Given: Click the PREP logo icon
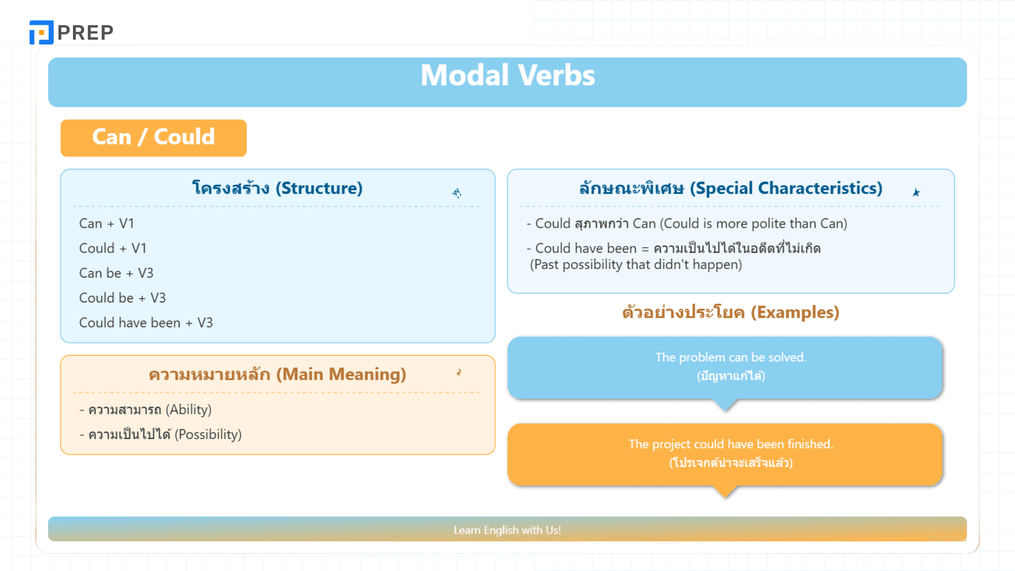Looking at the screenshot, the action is pos(41,32).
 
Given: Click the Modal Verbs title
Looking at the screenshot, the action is pos(508,75).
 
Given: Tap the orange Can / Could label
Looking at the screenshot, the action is pos(153,137).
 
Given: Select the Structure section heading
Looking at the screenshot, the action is pos(277,188).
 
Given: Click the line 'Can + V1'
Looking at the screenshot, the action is pos(106,224).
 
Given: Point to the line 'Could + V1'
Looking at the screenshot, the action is pos(113,248).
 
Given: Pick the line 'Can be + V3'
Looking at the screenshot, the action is pos(116,273).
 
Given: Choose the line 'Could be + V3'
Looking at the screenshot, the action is pos(122,298).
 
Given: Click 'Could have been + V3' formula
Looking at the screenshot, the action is pos(146,323).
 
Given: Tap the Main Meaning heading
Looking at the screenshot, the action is pos(277,374).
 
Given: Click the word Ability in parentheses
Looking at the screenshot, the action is pos(189,410).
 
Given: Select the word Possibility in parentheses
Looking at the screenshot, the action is pos(208,435).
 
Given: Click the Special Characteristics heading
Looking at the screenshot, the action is pos(731,188).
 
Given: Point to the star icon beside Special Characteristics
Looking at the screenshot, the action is pos(916,192).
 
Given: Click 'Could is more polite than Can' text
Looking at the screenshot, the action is pos(753,224).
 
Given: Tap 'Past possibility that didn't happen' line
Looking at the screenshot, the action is pos(636,264).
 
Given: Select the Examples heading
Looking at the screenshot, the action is pos(731,312).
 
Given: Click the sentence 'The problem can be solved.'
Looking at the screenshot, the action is pos(731,357).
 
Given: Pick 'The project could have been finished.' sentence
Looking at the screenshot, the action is pos(731,444).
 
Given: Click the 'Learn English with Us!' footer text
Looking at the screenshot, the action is pos(508,530).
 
